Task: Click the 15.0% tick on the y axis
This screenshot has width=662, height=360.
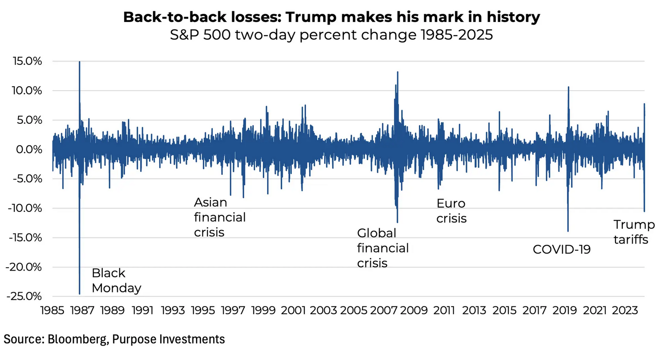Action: (x=28, y=61)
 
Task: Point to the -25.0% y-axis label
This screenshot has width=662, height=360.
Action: (x=24, y=297)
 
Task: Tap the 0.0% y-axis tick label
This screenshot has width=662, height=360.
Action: (x=29, y=150)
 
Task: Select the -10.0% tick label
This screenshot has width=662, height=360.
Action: (x=25, y=208)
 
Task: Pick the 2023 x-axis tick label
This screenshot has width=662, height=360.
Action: (x=625, y=310)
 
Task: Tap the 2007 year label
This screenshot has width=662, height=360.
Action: (x=384, y=310)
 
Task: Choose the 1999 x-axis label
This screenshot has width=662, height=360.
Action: (x=263, y=310)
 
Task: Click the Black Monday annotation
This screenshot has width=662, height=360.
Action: (x=116, y=281)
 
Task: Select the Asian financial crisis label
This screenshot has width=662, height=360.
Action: (x=220, y=217)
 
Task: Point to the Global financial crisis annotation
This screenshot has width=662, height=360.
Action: (x=382, y=248)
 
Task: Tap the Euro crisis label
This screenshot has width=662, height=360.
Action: (x=451, y=211)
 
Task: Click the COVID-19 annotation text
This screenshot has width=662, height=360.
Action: (x=561, y=249)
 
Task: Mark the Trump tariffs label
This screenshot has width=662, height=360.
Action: (x=634, y=232)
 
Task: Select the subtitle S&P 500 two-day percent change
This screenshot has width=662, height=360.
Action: (x=331, y=35)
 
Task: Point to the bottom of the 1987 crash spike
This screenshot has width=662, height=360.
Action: (x=79, y=294)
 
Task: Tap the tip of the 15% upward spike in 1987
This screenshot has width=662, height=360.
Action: (x=79, y=62)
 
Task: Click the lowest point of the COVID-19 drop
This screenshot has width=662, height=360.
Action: (x=568, y=231)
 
